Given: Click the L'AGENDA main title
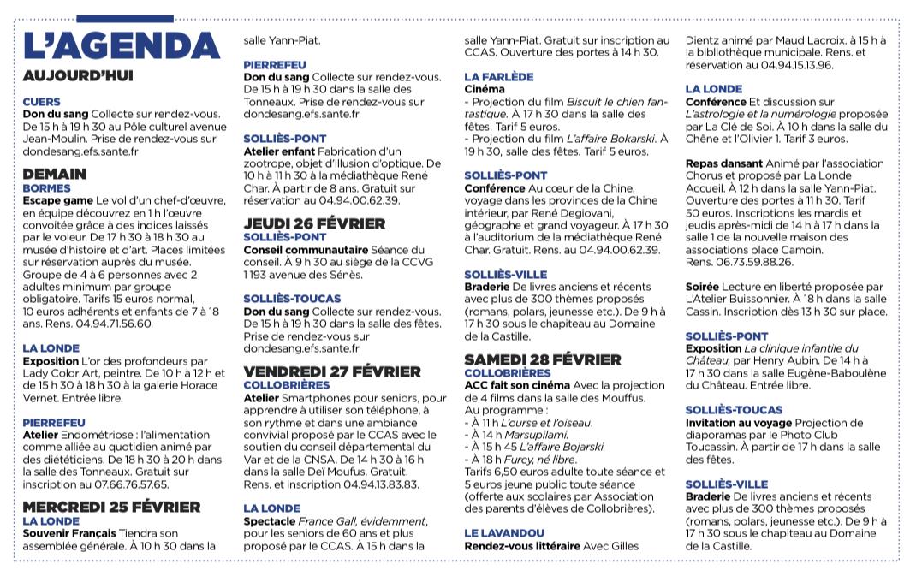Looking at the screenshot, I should [121, 45].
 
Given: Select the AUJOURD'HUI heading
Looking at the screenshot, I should [78, 76].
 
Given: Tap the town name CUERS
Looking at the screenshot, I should [41, 101].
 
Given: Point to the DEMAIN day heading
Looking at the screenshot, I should [55, 174].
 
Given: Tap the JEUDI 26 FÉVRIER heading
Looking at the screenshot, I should [314, 223].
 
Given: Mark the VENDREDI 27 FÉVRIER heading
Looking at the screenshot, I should [332, 371].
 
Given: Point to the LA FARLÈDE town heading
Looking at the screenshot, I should [498, 77].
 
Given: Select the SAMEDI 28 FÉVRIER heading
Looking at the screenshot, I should [543, 359].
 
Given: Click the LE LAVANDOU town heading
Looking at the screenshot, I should [504, 533].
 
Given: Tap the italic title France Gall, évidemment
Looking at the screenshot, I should [362, 520].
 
